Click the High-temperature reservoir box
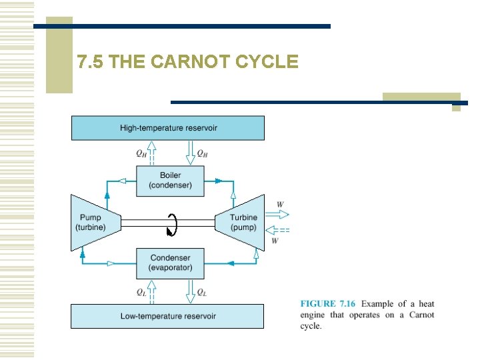(x=167, y=127)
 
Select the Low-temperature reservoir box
(x=167, y=316)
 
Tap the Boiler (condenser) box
(x=170, y=180)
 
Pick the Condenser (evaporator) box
(x=170, y=263)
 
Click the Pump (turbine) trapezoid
(x=93, y=222)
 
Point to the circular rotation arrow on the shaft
(x=172, y=225)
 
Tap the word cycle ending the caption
(x=310, y=327)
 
